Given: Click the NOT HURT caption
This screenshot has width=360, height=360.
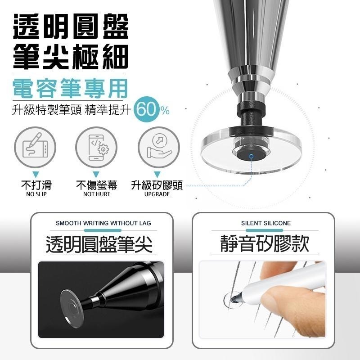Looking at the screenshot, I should tap(96, 194).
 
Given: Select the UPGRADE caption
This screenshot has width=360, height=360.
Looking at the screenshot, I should tap(157, 194).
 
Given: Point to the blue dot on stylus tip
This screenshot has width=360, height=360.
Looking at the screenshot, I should tap(251, 156).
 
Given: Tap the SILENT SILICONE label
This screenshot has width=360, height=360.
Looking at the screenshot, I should tap(265, 223).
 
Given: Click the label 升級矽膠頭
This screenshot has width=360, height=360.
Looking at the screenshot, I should tap(157, 185).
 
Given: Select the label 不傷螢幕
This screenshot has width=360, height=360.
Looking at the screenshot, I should tap(96, 185).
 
